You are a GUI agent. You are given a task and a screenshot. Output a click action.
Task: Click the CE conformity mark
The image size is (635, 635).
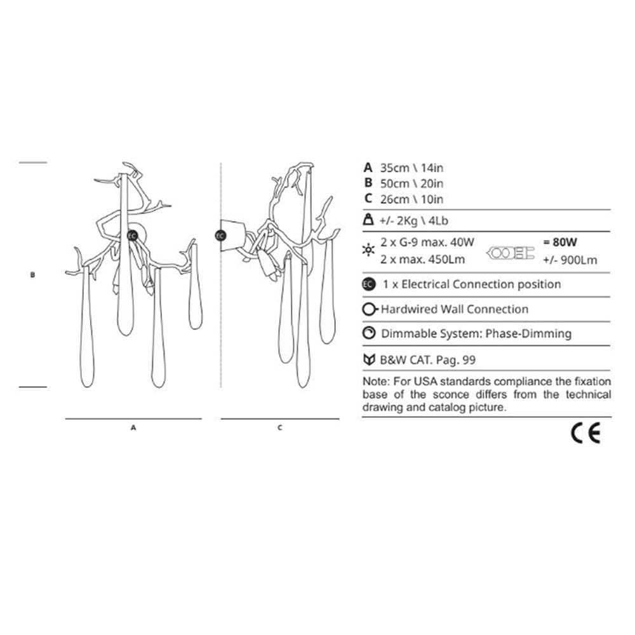coord(585,434)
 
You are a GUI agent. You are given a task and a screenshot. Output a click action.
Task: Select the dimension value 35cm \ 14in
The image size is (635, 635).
coord(411,168)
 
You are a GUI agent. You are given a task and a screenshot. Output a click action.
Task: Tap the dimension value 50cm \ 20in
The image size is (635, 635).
coord(411,184)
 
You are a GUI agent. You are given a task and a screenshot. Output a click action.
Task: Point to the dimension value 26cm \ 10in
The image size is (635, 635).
coord(411,199)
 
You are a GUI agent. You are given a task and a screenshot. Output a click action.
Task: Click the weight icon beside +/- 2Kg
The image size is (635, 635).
coord(368,220)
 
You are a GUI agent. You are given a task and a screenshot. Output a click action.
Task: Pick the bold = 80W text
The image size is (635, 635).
coord(559,242)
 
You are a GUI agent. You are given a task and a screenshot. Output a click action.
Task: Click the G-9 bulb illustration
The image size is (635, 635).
coord(511,253)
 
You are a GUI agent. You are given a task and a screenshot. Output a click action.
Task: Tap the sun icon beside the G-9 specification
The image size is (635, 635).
coord(368,250)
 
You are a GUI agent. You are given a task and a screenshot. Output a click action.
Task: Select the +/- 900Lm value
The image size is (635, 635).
coord(570,260)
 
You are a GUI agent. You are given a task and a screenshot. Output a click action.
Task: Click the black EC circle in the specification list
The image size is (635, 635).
coord(368,284)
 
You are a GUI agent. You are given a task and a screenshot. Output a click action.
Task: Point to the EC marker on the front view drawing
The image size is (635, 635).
coord(133,236)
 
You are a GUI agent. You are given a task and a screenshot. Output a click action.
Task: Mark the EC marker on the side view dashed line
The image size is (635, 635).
coord(220,236)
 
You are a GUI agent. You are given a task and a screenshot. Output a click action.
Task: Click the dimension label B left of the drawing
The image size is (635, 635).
coord(33,274)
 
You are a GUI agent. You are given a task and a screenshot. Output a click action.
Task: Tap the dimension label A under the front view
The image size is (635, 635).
coord(133,427)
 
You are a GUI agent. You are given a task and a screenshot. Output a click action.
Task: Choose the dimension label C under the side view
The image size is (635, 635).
coord(280,427)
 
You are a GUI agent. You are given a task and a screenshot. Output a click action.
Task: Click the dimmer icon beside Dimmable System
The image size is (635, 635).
coord(368,333)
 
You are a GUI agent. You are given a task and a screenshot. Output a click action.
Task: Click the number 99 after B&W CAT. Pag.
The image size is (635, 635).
coord(469,360)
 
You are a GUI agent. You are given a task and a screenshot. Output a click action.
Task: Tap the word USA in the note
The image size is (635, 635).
coord(425,382)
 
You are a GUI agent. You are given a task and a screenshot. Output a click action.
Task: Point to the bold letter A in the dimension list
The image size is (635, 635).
coord(368,167)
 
